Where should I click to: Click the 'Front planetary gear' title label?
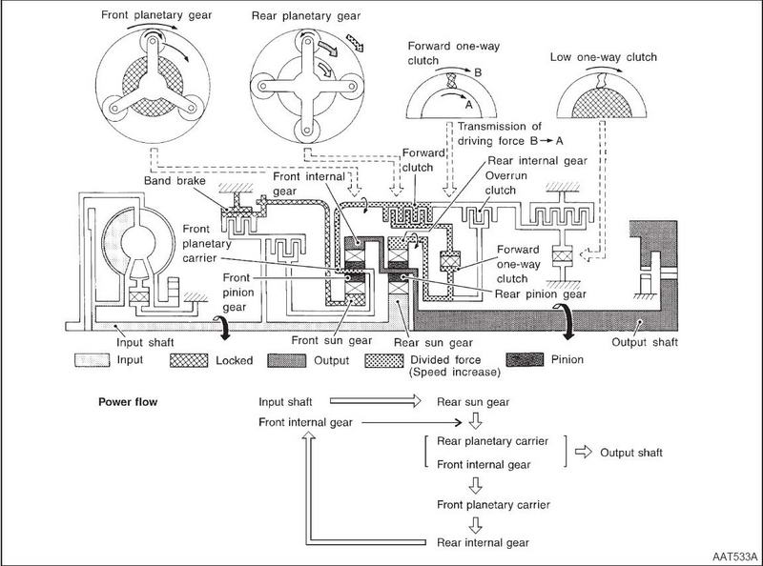[156, 15]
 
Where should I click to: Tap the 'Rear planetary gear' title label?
[306, 16]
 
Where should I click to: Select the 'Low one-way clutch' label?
[604, 57]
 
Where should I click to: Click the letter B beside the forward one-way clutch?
[478, 72]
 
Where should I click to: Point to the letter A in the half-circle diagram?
[469, 105]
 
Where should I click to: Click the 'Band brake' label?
[175, 181]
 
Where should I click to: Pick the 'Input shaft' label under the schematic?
[145, 342]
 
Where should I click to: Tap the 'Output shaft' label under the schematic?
[645, 342]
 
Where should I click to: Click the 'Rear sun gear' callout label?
[433, 343]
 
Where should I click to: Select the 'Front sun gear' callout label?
[332, 341]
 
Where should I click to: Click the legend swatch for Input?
[92, 360]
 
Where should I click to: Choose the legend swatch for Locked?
[189, 360]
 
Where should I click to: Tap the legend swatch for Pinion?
[526, 360]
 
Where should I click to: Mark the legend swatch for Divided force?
[384, 360]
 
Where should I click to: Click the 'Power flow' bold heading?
[128, 402]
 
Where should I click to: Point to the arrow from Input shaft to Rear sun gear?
[375, 401]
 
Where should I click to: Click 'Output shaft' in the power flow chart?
[631, 453]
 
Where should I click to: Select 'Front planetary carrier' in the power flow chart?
[493, 505]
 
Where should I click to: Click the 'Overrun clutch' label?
[506, 183]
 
